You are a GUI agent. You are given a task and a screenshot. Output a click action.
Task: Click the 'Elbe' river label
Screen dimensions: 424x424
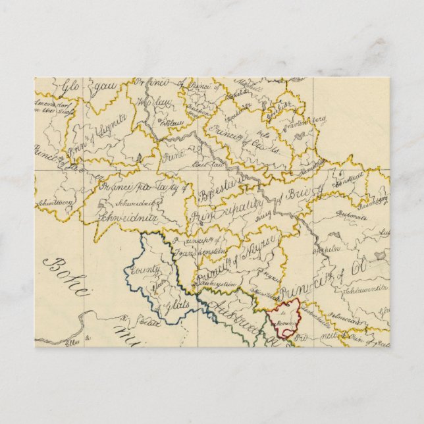point(72,341)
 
